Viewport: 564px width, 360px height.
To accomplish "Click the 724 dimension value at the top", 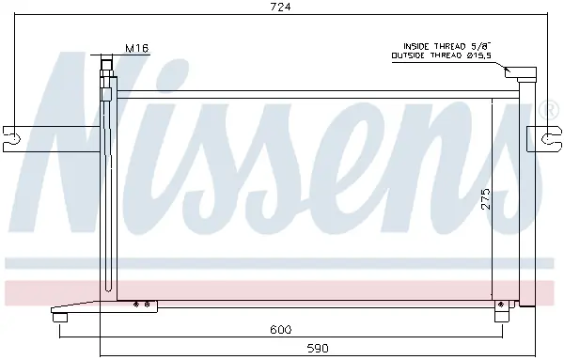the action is (x=280, y=7).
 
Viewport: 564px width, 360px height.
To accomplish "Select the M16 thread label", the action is (x=137, y=48).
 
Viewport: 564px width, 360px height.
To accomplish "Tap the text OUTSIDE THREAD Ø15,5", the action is (x=442, y=55).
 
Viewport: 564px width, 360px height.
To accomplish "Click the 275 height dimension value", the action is (x=486, y=198).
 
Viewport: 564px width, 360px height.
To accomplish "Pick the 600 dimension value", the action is (x=281, y=329).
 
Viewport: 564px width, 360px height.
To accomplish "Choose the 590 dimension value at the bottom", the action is (x=318, y=348).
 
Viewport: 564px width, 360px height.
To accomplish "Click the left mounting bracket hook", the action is (x=12, y=138).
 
